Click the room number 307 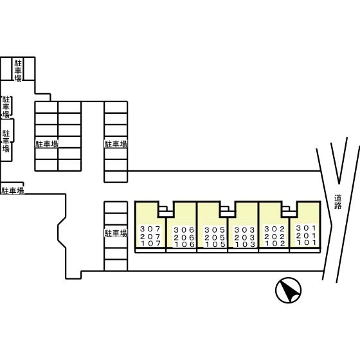tap(150, 229)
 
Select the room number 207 tap(150, 237)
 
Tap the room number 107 tap(150, 244)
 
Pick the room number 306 tap(184, 230)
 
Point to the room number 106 tap(184, 244)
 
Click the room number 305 tap(215, 230)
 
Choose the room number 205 tap(215, 237)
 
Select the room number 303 tap(244, 230)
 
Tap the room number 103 tap(245, 244)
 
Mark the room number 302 tap(274, 229)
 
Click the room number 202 tap(274, 237)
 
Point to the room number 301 tap(306, 228)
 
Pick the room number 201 tap(306, 235)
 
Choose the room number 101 tap(307, 242)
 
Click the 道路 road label tap(338, 202)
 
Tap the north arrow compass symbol tap(289, 291)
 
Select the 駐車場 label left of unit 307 tap(116, 233)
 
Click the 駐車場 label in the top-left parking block tap(18, 71)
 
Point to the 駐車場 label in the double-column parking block tap(47, 144)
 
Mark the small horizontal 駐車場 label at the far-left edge tap(13, 190)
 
